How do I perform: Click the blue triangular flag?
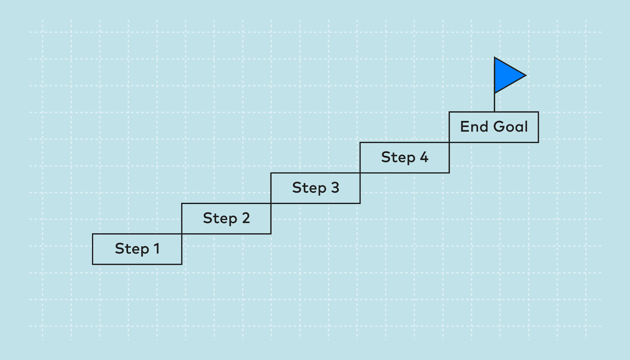point(506,75)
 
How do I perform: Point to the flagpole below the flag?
point(495,102)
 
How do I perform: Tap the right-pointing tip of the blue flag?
point(525,75)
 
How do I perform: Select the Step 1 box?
point(137,249)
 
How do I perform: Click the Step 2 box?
point(226,219)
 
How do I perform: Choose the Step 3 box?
point(315,188)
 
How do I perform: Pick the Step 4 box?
point(404,158)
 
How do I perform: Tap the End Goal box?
point(494,127)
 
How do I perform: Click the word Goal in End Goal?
point(510,127)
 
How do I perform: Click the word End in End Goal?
point(474,127)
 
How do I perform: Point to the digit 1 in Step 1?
point(157,249)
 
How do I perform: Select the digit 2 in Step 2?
point(246,218)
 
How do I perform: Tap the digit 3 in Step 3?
point(335,188)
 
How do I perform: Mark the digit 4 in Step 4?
point(424,157)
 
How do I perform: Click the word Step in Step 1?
point(132,249)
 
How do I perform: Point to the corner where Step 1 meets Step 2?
point(182,234)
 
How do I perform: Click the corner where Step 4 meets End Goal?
point(449,142)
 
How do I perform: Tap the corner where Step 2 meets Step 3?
point(271,203)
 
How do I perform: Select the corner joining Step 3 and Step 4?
point(360,173)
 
